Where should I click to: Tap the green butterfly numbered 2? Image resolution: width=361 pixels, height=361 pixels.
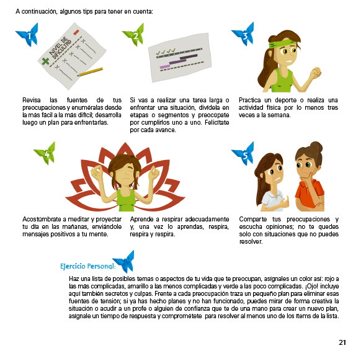[135, 35]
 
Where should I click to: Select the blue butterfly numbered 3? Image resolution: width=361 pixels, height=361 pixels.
[244, 34]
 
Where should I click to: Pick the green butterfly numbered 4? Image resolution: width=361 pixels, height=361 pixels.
[45, 153]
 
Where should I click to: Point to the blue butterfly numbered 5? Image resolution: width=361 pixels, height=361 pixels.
[244, 154]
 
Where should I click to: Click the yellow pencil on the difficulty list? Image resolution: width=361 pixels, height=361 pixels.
[90, 71]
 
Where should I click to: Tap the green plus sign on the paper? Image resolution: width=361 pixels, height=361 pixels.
[45, 61]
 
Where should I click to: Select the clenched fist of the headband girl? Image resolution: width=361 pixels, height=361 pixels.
[316, 73]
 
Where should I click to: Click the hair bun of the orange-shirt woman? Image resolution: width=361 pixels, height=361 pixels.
[316, 147]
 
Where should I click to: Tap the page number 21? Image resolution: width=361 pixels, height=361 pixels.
[342, 342]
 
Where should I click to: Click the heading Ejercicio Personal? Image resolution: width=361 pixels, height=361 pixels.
[87, 266]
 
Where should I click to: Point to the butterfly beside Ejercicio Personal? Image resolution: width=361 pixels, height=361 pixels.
[123, 262]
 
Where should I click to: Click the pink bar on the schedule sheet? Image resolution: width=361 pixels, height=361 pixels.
[165, 66]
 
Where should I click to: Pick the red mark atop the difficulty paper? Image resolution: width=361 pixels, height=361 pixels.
[76, 32]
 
